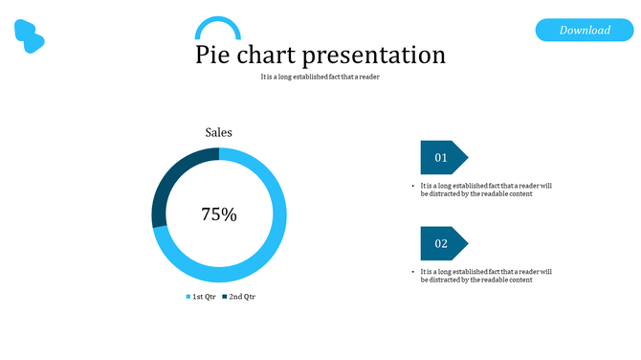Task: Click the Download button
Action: [x=585, y=30]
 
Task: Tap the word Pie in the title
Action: [x=211, y=55]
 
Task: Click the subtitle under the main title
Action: [x=320, y=78]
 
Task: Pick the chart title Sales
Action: [x=218, y=133]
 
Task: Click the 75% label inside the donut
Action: [x=218, y=214]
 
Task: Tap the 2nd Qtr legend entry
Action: [x=242, y=297]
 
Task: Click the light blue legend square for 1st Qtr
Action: [x=189, y=297]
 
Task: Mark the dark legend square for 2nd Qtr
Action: [x=225, y=297]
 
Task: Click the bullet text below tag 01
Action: [x=486, y=190]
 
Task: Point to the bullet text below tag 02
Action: [x=486, y=276]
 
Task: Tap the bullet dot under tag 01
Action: [x=412, y=186]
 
